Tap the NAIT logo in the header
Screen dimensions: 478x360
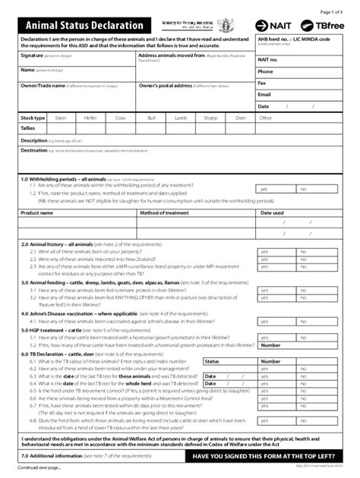pos(273,25)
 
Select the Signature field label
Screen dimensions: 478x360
pos(32,56)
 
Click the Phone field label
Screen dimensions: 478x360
pos(266,71)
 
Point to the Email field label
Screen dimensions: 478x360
pos(264,94)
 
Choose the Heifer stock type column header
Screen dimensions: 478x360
pos(90,118)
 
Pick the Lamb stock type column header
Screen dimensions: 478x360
pos(182,118)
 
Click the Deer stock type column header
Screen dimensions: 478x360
pos(240,118)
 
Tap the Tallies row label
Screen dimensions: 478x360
pos(29,129)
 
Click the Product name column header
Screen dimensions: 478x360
pos(36,213)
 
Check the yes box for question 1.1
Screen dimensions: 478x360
pos(265,189)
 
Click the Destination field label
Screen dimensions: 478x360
pos(34,150)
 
